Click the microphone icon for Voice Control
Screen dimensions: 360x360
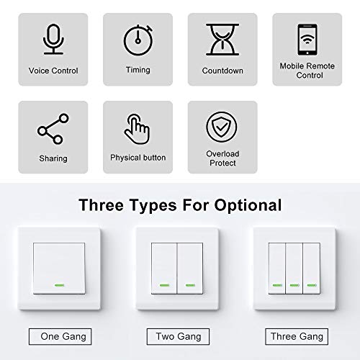pos(53,39)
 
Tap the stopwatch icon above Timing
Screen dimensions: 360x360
pos(138,40)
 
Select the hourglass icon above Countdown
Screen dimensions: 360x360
pos(222,39)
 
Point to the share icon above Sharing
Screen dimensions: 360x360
pos(53,130)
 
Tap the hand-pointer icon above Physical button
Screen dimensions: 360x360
pos(138,129)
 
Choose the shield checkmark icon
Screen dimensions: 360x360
pos(222,127)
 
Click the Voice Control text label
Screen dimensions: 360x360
pos(53,71)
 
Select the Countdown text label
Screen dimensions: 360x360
pos(222,71)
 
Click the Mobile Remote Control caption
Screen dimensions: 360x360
pos(307,71)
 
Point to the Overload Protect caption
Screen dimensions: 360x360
pos(222,158)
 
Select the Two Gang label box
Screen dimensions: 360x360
pos(178,336)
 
